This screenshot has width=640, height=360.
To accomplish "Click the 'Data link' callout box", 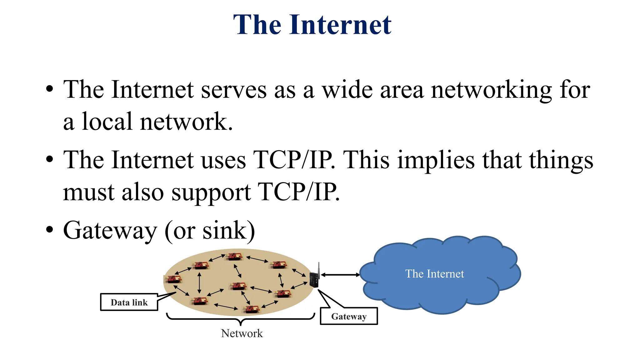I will coord(129,302).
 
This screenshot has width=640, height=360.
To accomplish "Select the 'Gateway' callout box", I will coord(349,316).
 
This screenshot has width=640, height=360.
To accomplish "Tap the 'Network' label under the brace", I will coord(242,333).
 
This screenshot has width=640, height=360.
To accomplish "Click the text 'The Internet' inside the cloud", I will coord(434,274).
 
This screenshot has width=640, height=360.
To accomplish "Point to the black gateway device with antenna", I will coord(314,279).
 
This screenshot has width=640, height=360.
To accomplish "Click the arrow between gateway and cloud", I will coord(340,275).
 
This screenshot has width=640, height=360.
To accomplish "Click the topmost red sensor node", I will coord(234,256).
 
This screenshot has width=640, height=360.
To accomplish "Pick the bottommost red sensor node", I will coord(252,309).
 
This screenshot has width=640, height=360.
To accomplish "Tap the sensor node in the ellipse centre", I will coord(238,286).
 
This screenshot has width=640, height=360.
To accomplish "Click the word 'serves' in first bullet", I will coord(234,90).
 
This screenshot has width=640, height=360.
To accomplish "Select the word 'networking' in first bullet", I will coord(491,90).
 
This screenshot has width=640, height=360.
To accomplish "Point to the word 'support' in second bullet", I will coord(211,192).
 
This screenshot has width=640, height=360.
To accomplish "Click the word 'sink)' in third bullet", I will coord(229,231).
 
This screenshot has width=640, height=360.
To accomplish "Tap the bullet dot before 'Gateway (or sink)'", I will coord(49,230).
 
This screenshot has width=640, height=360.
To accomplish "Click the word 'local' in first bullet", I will coord(107,122).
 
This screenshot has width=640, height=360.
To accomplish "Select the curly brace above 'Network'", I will coord(241,319).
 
